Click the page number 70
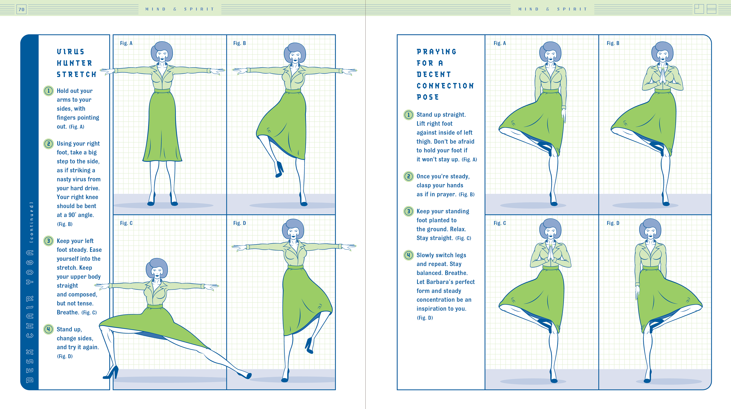coord(22,9)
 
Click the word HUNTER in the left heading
coord(74,63)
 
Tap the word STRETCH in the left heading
coord(77,74)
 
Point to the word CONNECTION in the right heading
coord(445,86)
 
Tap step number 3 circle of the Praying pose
coord(408,211)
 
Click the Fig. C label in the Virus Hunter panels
coord(126,223)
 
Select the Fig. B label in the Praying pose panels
coord(613,43)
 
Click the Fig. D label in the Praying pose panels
coord(613,223)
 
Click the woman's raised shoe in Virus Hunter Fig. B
coord(279,170)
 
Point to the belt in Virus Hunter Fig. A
coord(162,91)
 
